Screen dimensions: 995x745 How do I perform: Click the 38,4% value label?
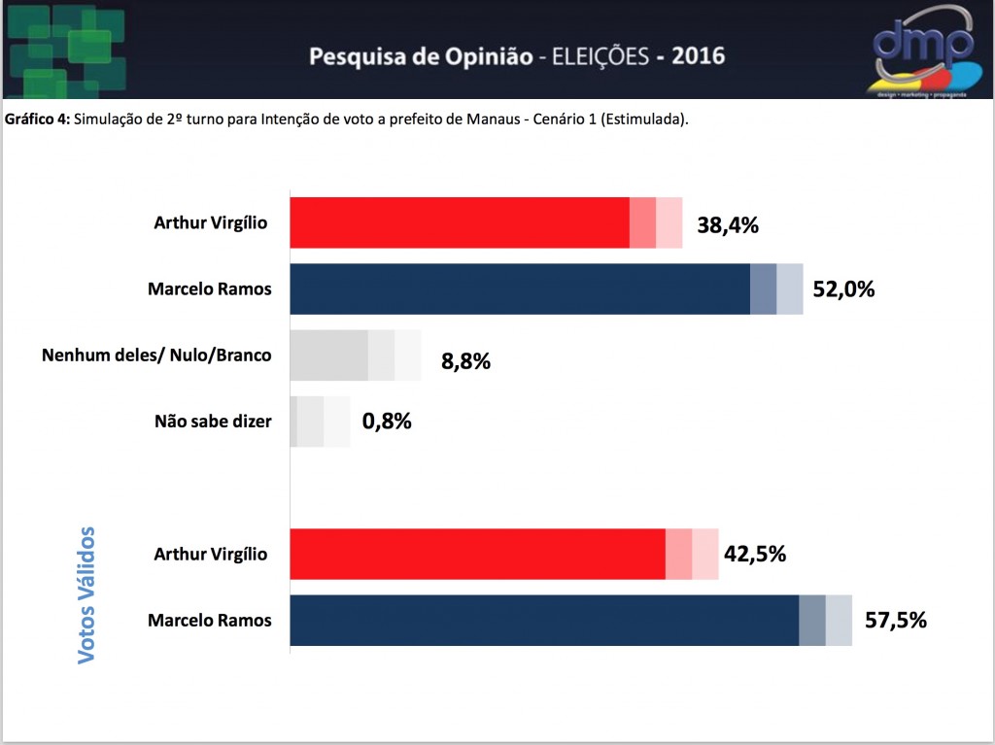[x=728, y=225]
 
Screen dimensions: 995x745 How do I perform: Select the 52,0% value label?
[x=844, y=289]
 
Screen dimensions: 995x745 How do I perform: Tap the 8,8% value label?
[x=465, y=361]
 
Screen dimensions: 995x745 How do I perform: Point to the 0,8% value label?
[x=387, y=421]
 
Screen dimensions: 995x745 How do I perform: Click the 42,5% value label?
[x=755, y=554]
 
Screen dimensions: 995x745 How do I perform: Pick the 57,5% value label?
[x=896, y=620]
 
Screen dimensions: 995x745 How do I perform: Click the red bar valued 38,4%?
[x=486, y=222]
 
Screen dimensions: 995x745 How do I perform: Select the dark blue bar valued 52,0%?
[x=546, y=288]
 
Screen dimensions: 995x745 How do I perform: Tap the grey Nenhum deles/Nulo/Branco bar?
[x=356, y=356]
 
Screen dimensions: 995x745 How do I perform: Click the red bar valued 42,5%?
[x=504, y=554]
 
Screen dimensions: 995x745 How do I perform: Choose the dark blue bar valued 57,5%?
[x=571, y=620]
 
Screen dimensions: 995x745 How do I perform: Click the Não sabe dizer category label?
[x=213, y=422]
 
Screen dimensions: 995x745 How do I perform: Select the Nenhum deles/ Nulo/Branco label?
[x=156, y=355]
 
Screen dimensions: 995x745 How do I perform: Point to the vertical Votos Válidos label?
[x=86, y=595]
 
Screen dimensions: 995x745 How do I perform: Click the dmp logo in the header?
[x=924, y=51]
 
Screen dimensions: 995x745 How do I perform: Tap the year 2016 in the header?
[x=698, y=56]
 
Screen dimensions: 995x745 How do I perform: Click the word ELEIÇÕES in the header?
[x=600, y=56]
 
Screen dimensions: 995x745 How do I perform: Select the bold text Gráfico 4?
[x=38, y=119]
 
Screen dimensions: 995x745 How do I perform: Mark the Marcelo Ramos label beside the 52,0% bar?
[x=210, y=289]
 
